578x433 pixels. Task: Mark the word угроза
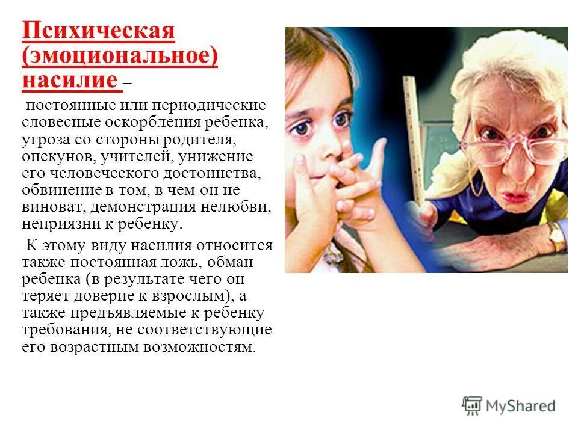tap(45, 140)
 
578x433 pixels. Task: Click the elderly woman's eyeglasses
tap(512, 145)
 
